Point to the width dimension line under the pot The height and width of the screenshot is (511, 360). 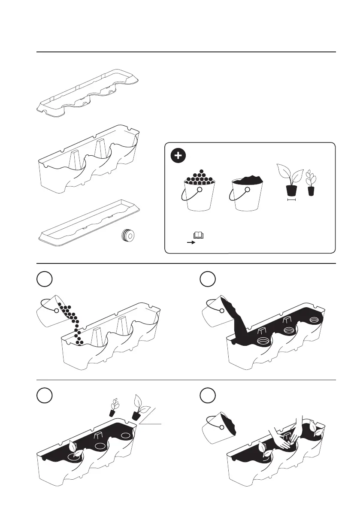(292, 199)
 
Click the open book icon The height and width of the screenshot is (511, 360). (199, 235)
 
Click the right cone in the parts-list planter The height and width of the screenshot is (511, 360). (100, 149)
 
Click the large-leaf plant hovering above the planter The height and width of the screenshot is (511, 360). (139, 405)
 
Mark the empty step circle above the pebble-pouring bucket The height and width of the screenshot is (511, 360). (45, 279)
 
